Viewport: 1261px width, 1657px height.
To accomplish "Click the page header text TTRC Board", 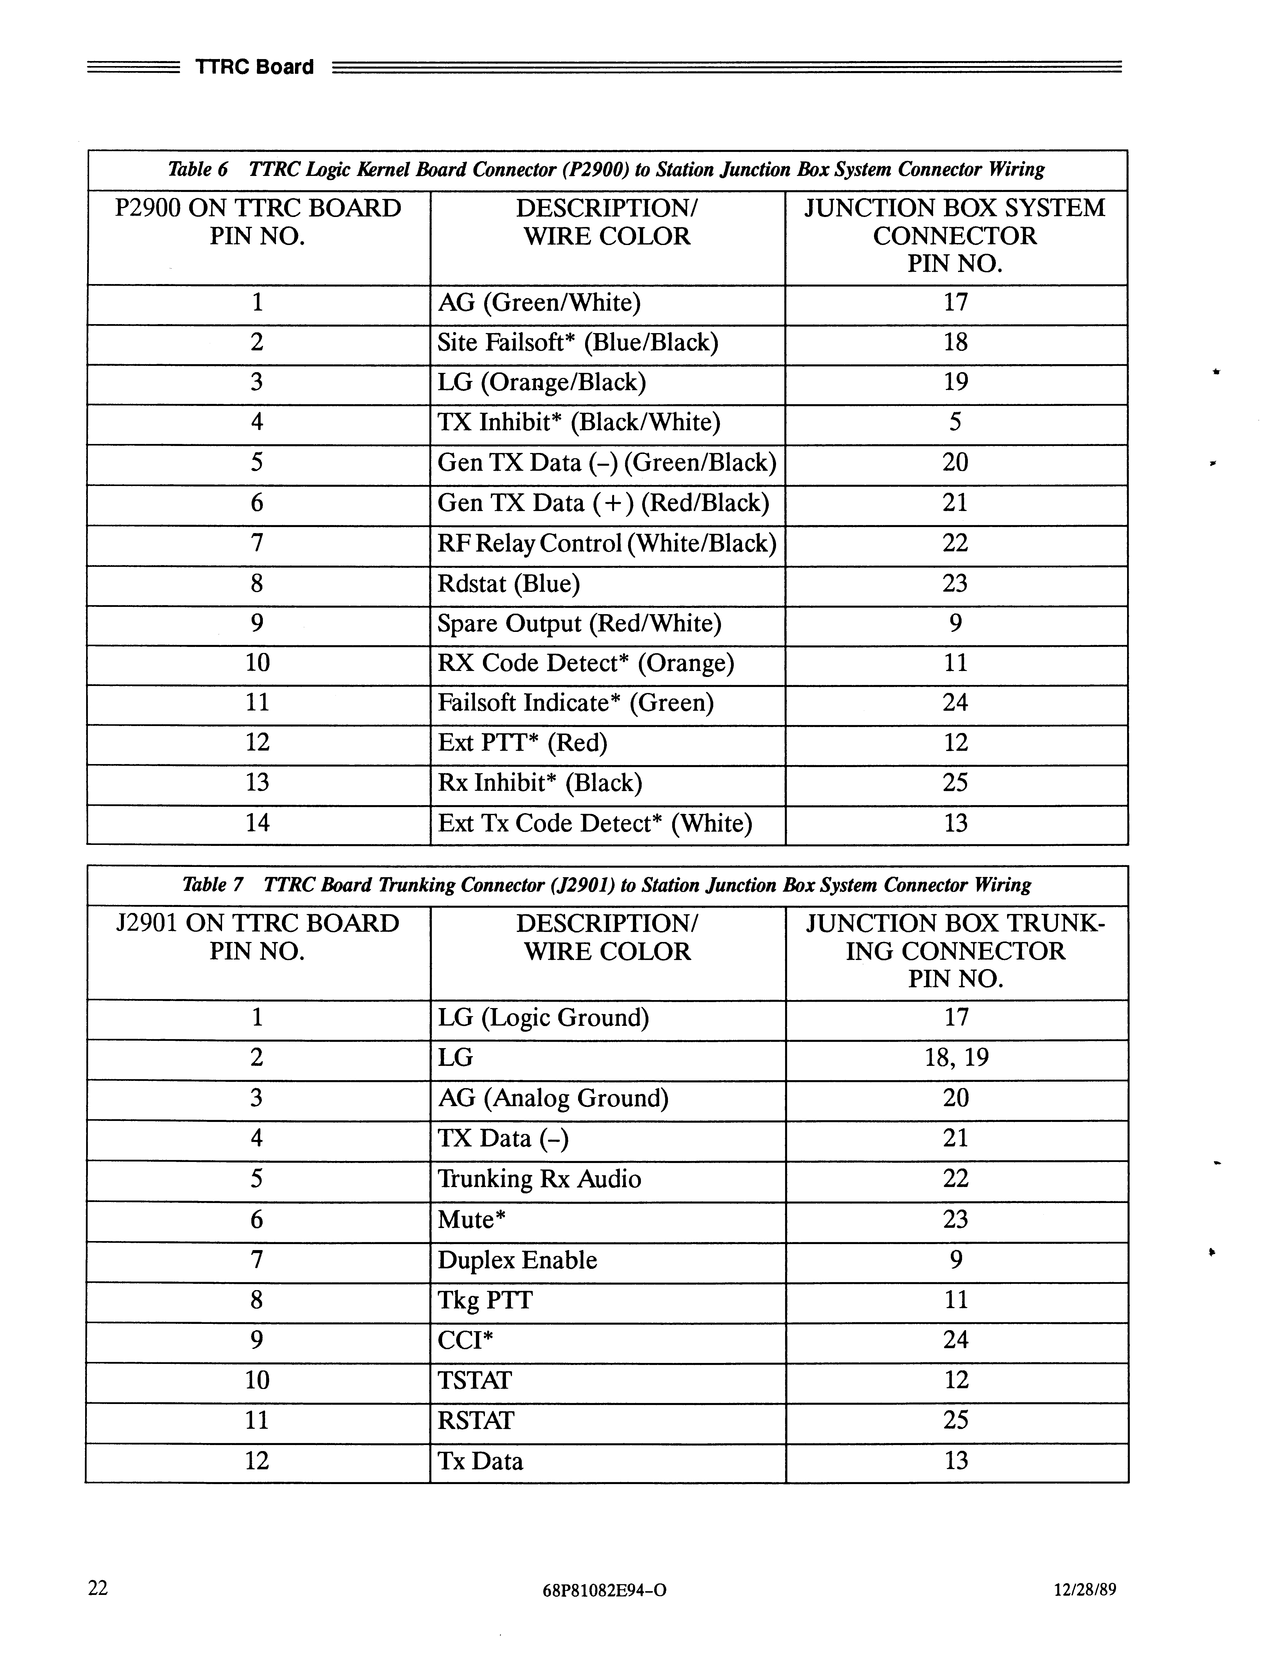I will (x=254, y=68).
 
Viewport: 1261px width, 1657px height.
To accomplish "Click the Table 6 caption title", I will (x=607, y=170).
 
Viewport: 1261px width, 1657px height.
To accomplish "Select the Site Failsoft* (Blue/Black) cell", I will (x=578, y=343).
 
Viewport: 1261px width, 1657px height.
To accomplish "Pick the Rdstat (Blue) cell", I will (x=509, y=583).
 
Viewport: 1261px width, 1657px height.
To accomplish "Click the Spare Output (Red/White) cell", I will (x=580, y=624).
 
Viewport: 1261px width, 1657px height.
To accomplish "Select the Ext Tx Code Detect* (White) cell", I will (x=595, y=823).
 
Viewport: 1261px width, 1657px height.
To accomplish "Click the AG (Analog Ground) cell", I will (x=553, y=1099).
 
